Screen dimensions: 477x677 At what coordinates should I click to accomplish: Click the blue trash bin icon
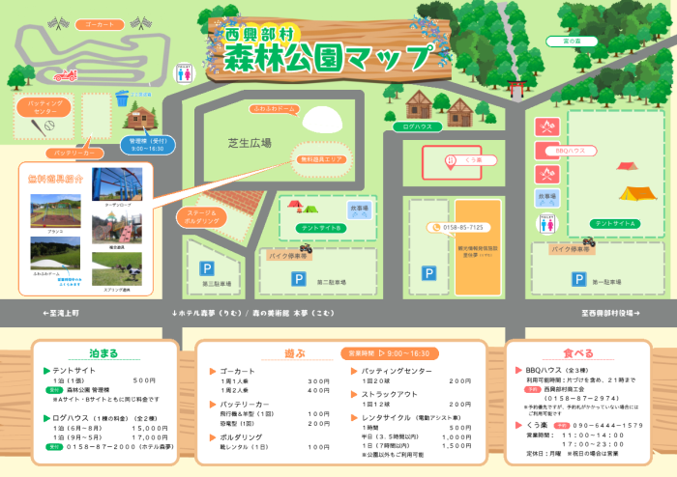122,97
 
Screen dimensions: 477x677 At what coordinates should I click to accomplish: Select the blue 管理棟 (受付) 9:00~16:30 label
146,145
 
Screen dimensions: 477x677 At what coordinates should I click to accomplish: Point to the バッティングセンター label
43,106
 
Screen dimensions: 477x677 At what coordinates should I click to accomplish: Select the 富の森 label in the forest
572,42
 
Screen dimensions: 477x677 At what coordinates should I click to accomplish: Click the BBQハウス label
572,151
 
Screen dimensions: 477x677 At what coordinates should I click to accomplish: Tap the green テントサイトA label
614,223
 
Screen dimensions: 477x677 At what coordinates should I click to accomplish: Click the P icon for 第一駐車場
576,278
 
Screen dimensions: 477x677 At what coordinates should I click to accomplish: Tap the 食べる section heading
578,351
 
